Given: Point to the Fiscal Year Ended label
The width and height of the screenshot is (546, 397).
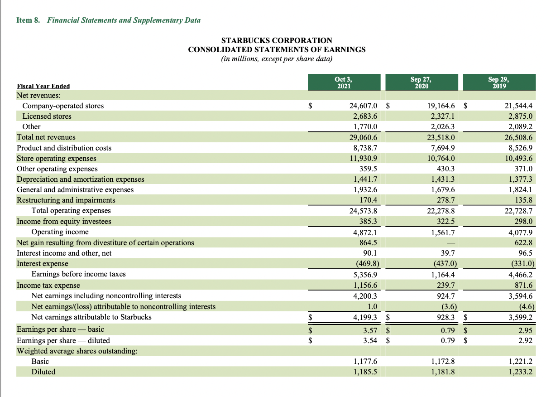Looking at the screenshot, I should (43, 86).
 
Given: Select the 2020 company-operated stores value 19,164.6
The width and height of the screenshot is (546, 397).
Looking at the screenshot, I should (441, 106).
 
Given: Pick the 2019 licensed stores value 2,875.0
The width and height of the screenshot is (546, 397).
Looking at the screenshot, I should (518, 116).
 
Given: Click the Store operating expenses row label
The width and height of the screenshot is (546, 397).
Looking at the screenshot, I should (57, 159).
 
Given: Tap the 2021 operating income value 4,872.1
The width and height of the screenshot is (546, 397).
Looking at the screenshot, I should (365, 232).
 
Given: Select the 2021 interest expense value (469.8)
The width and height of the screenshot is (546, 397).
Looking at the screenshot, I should (365, 264).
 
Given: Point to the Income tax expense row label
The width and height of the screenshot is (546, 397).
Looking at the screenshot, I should (48, 286).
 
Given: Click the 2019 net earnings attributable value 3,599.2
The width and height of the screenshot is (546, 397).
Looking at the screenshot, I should (518, 317).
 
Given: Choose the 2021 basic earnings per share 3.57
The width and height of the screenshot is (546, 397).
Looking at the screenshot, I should (370, 329).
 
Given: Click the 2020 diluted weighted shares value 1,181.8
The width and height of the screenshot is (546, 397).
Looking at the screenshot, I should (443, 372).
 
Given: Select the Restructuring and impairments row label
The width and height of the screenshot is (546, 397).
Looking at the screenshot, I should (66, 200).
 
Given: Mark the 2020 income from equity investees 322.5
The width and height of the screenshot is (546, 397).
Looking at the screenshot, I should (445, 222).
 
